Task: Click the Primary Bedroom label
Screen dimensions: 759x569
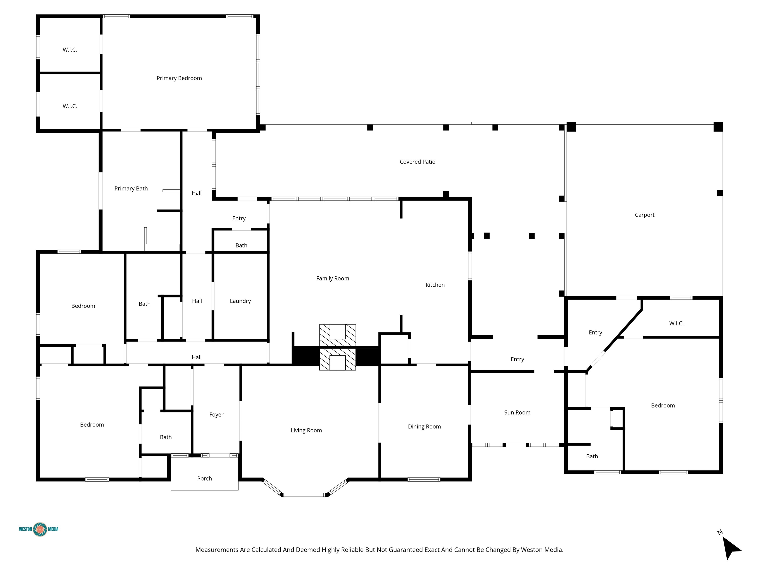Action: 179,78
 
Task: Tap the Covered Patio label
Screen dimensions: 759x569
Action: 417,162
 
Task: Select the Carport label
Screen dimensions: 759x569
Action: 644,215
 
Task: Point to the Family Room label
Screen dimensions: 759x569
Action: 333,279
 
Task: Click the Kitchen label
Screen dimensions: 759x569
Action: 435,285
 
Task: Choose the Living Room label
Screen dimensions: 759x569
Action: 306,430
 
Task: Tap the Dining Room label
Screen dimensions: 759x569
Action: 424,427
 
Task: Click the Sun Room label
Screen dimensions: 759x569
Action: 517,413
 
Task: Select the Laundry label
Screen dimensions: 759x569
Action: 240,301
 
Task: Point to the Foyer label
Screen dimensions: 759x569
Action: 216,415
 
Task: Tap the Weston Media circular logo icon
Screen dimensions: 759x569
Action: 40,529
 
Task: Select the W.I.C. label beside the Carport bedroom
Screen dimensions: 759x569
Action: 676,324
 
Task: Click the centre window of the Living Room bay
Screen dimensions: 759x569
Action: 304,495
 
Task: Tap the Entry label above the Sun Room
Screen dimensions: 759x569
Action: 517,359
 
